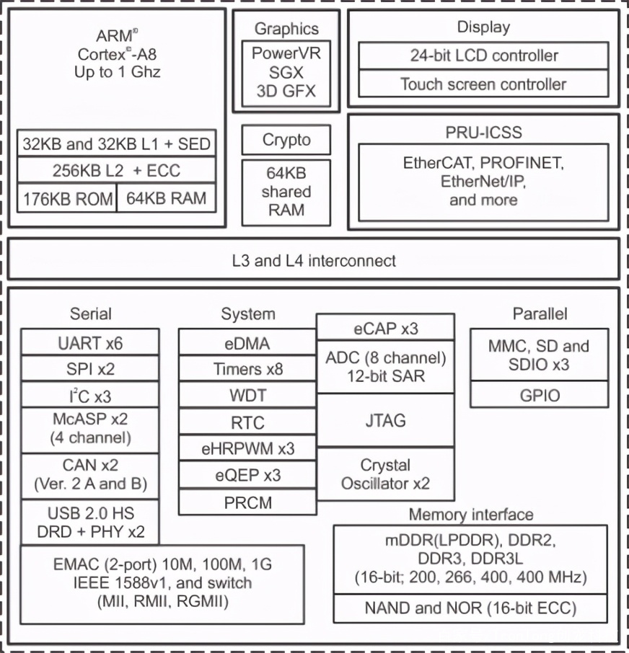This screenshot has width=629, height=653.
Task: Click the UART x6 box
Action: [x=90, y=342]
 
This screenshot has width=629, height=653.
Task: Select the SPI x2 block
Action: [x=90, y=369]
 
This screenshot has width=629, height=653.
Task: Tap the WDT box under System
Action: [x=247, y=396]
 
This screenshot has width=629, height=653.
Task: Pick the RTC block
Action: [x=247, y=422]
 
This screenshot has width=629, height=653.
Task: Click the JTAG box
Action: [x=385, y=420]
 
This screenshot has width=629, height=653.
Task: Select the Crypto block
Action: [x=286, y=140]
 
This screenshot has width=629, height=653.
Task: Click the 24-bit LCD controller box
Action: [x=483, y=55]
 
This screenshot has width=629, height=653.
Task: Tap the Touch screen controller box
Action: [x=483, y=84]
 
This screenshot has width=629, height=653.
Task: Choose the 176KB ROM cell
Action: [x=66, y=198]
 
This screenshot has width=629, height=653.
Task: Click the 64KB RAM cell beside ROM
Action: [x=166, y=198]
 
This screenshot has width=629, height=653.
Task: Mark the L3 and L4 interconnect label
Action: [x=314, y=260]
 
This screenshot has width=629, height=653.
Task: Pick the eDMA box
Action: [x=247, y=342]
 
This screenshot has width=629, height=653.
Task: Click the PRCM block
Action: [x=247, y=502]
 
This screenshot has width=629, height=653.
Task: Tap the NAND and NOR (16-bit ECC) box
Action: [x=470, y=608]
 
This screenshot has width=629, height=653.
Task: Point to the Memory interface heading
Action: [x=470, y=515]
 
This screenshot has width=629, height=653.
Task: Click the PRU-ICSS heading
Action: [x=483, y=133]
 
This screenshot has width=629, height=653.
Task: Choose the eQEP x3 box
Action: [x=247, y=475]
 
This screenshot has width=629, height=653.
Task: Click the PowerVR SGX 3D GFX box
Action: [x=286, y=73]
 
